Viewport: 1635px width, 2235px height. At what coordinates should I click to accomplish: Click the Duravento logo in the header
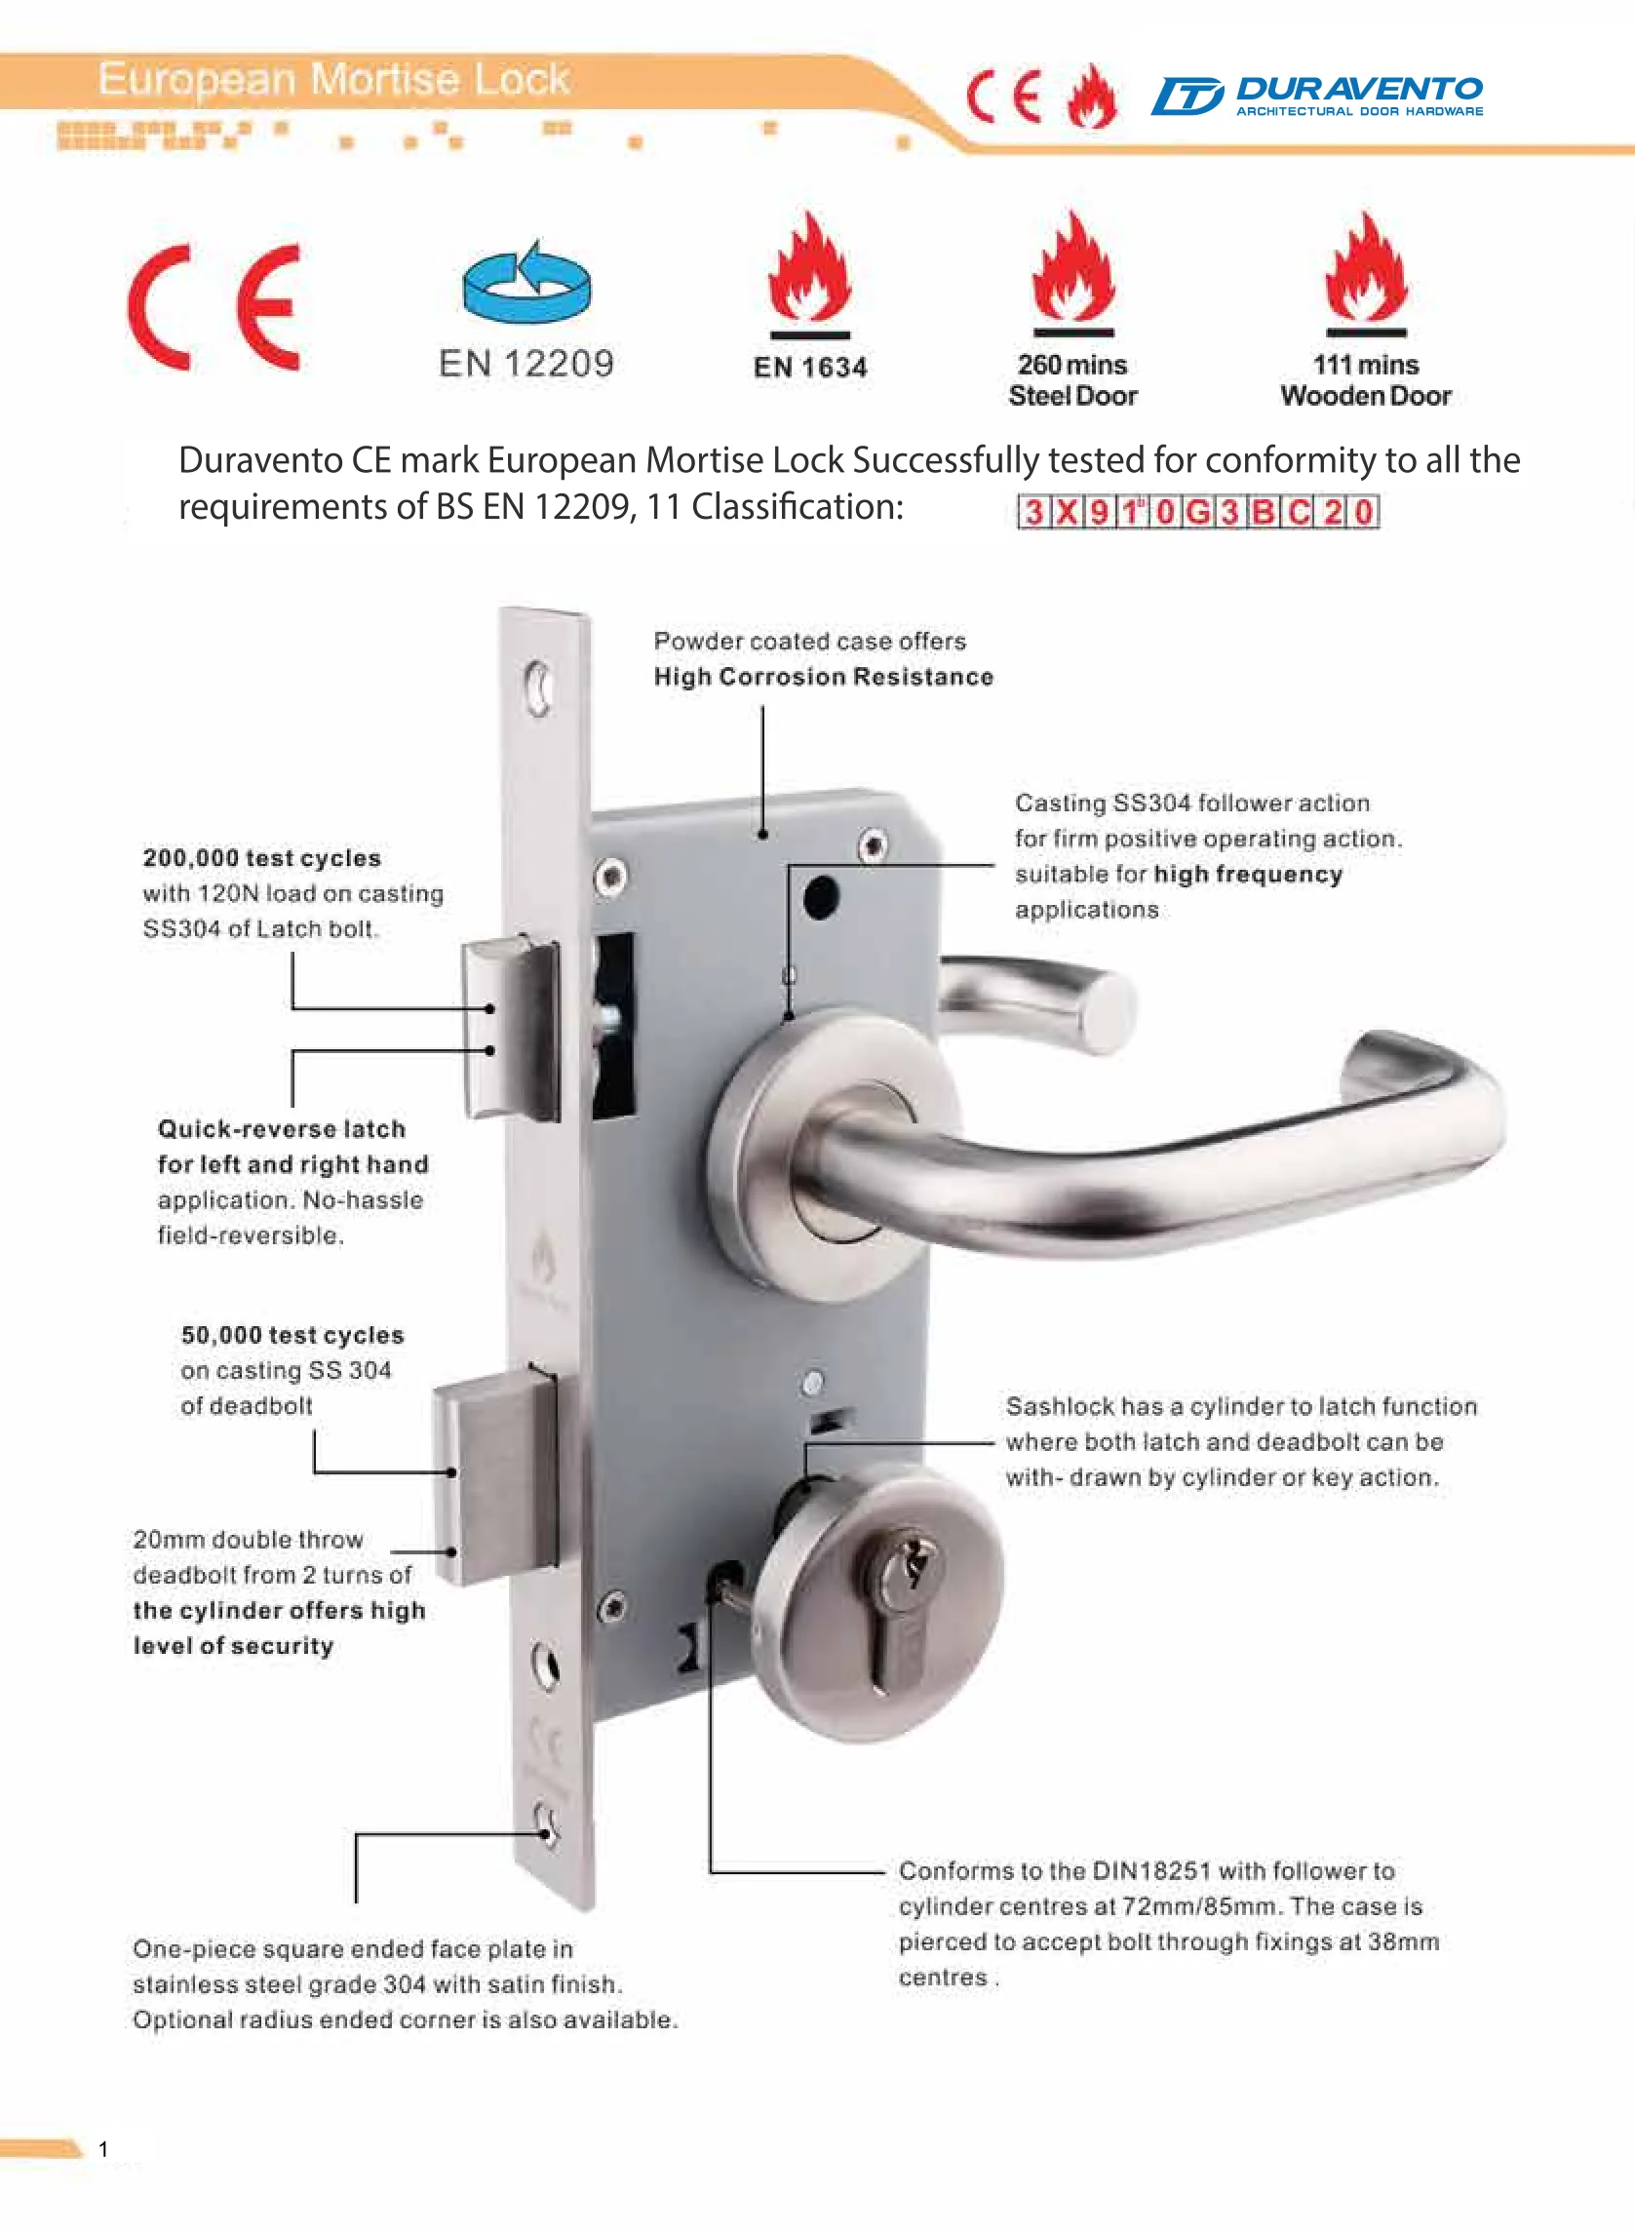point(1316,96)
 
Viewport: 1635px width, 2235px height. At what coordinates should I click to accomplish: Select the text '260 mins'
point(1071,366)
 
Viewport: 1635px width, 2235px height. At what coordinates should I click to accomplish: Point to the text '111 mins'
point(1366,366)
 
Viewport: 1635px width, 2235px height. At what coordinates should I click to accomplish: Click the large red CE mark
point(214,308)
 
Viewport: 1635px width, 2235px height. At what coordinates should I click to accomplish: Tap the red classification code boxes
point(1197,512)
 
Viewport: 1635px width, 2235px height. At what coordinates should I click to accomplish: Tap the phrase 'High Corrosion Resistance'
point(824,677)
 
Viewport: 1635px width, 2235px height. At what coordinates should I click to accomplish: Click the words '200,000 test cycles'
point(261,858)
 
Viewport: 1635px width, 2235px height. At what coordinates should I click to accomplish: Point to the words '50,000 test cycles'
point(292,1335)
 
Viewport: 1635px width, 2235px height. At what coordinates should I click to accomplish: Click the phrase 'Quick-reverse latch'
point(281,1129)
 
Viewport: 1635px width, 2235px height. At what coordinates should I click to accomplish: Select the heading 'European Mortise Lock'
point(333,79)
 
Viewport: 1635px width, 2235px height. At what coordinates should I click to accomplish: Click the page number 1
point(103,2149)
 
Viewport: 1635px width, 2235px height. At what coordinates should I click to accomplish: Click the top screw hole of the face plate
point(538,686)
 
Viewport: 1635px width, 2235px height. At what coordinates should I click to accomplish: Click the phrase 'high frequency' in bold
point(1248,874)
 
